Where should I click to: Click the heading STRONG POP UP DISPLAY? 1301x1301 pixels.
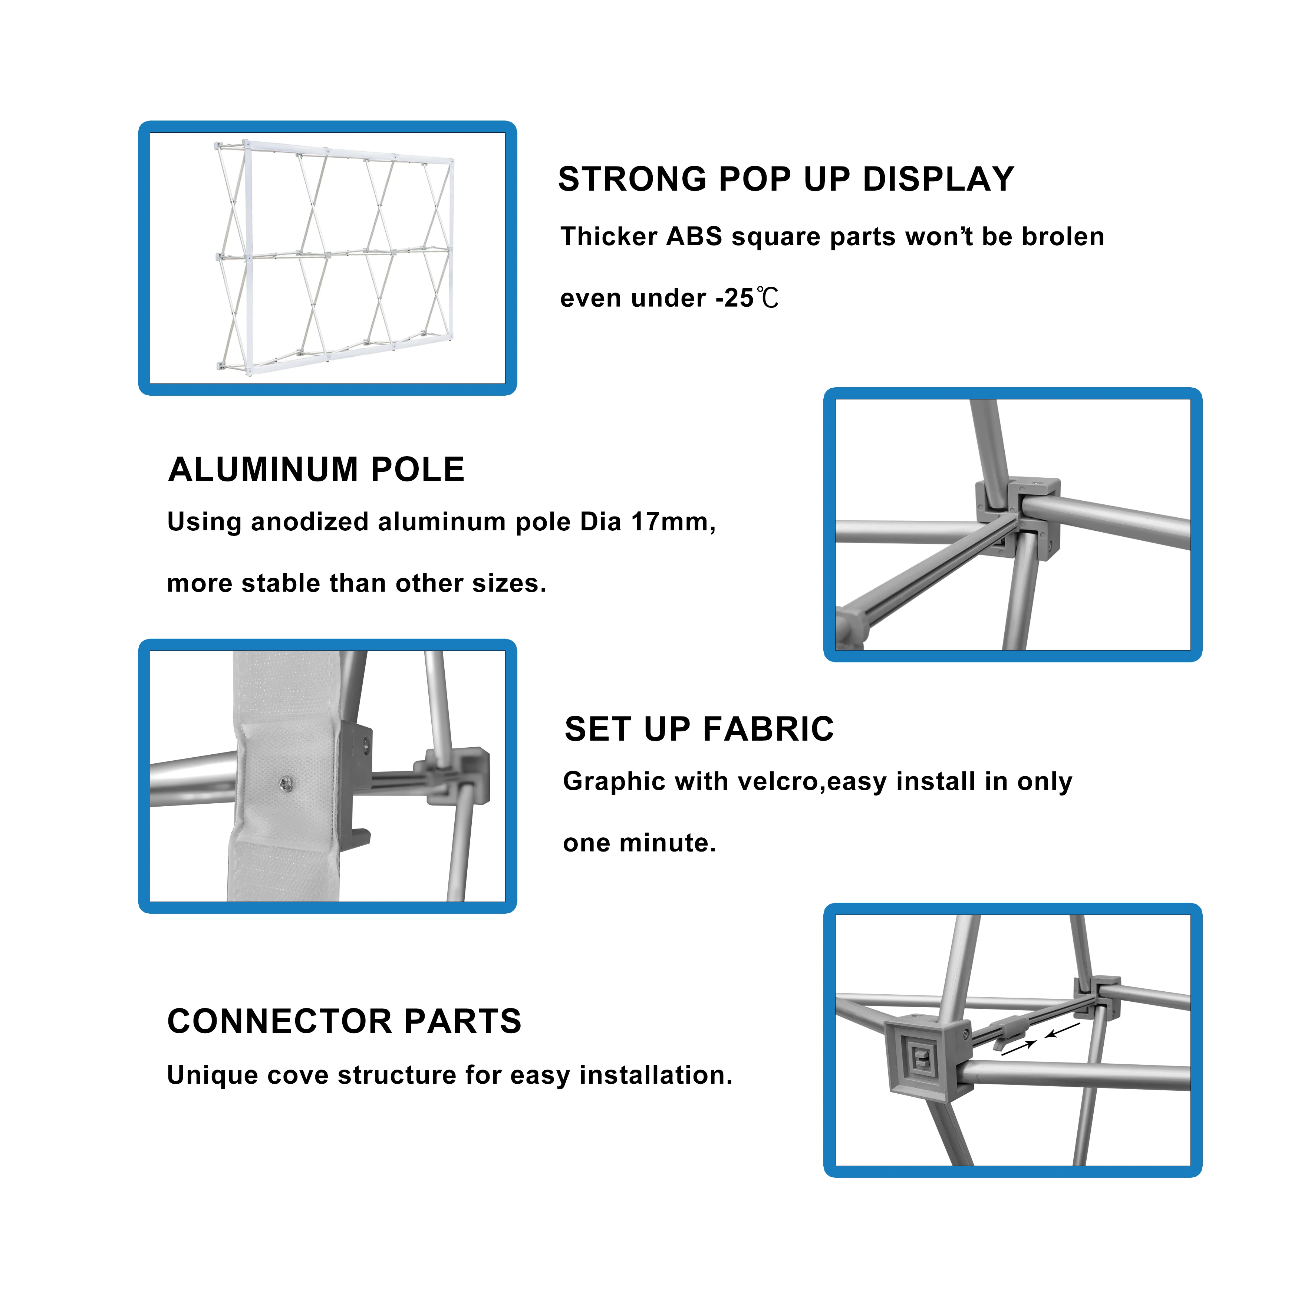[786, 179]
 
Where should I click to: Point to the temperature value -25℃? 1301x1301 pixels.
[747, 298]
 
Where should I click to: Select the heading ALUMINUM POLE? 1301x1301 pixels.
[316, 470]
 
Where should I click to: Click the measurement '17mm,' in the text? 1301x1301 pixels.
[673, 522]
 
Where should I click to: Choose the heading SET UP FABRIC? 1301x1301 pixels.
[699, 729]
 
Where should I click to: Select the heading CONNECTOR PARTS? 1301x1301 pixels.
[344, 1021]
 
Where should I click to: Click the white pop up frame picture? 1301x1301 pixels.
[335, 258]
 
